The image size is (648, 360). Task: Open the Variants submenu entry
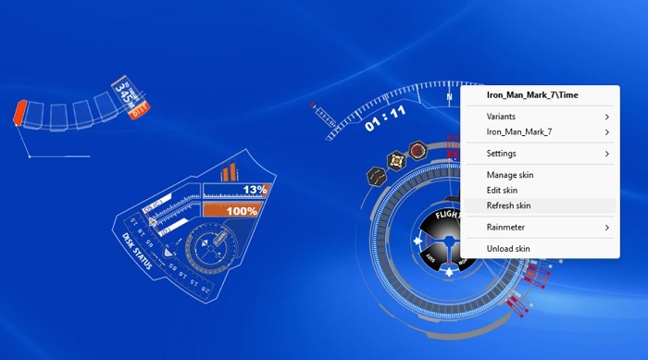pyautogui.click(x=501, y=117)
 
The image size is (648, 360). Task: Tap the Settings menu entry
pyautogui.click(x=501, y=153)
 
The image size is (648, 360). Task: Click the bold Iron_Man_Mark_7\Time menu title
pyautogui.click(x=531, y=93)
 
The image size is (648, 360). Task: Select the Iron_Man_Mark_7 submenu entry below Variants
pyautogui.click(x=519, y=132)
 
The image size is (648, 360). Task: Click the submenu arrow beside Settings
pyautogui.click(x=607, y=153)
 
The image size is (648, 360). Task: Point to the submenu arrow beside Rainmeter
pyautogui.click(x=607, y=227)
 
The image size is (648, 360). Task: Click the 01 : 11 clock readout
pyautogui.click(x=385, y=115)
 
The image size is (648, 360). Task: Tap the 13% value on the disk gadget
pyautogui.click(x=254, y=190)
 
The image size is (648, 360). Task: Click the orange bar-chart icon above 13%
pyautogui.click(x=229, y=172)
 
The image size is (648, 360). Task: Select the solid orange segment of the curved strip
pyautogui.click(x=19, y=114)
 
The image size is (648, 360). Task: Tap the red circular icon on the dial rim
pyautogui.click(x=417, y=150)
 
